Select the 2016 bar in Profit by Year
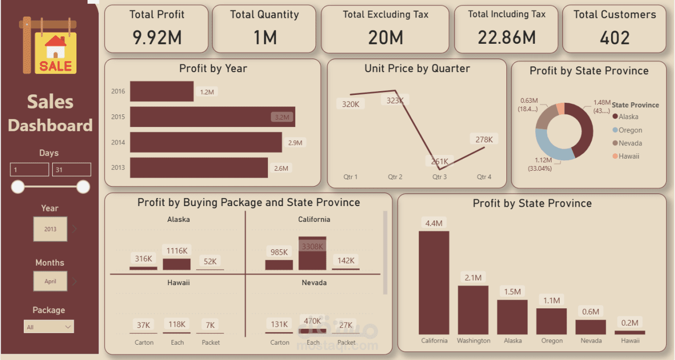point(161,91)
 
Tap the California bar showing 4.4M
point(434,282)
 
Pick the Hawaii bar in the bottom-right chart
point(630,333)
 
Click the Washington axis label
point(474,340)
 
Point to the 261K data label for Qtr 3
point(439,161)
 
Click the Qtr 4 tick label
point(484,177)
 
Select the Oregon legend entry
point(630,130)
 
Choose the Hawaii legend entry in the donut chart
point(629,156)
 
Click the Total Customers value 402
point(615,38)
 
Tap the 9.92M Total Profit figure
point(157,38)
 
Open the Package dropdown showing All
point(49,327)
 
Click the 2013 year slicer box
point(50,229)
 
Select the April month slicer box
point(50,281)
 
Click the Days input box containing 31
point(71,170)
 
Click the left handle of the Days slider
point(18,187)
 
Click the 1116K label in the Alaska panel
point(177,251)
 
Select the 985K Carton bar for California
point(279,265)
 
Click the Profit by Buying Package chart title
point(248,202)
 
